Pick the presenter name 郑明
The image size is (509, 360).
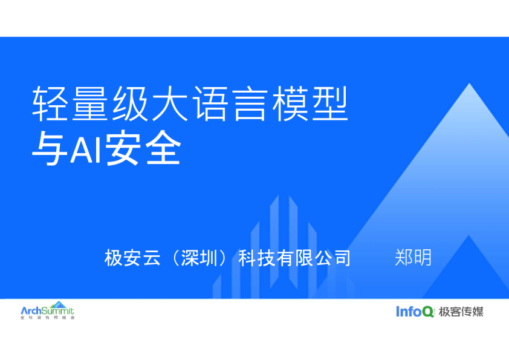pos(413,257)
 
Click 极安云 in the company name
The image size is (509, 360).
pos(132,258)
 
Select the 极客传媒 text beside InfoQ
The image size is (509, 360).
pos(461,312)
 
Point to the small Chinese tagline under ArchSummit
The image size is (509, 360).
pos(47,318)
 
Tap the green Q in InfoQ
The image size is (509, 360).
pos(427,312)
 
